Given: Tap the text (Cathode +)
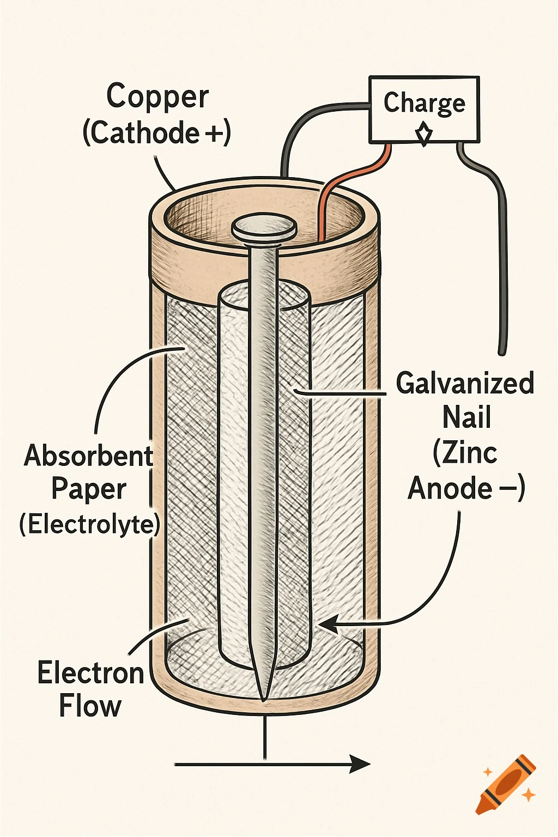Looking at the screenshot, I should click(157, 133).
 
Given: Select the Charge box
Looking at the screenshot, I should click(424, 110).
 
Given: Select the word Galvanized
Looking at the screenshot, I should click(465, 383).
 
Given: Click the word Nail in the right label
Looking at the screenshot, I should click(466, 418).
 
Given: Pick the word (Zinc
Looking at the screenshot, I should click(465, 453).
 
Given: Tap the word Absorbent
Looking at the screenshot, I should click(88, 456).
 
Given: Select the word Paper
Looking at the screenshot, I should click(89, 489).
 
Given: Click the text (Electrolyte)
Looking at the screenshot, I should click(90, 524).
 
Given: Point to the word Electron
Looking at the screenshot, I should click(90, 672).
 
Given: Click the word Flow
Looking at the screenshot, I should click(90, 706).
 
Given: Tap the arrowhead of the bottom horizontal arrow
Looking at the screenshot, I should click(360, 764).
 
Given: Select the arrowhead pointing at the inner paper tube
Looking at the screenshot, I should click(329, 625).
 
